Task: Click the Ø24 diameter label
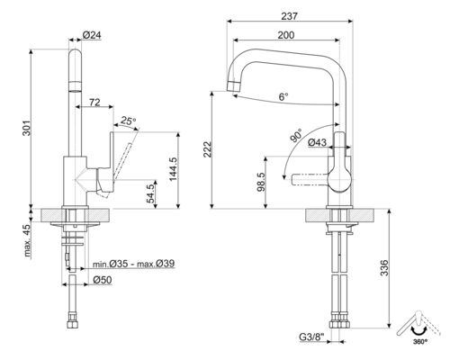[91, 34]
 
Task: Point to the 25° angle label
[129, 121]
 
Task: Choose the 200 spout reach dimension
[284, 34]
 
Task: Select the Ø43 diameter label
[317, 141]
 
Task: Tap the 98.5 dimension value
[260, 182]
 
